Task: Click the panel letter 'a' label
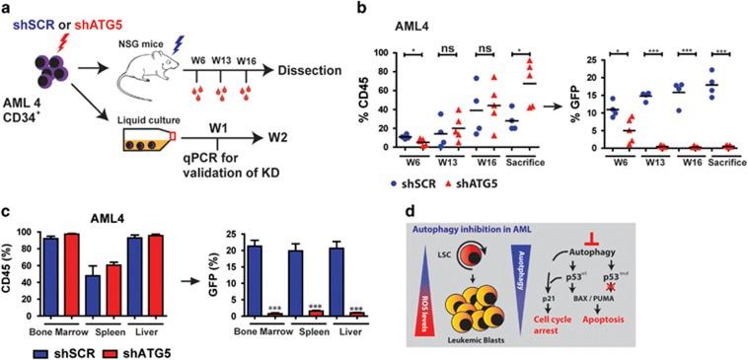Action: (x=7, y=9)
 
